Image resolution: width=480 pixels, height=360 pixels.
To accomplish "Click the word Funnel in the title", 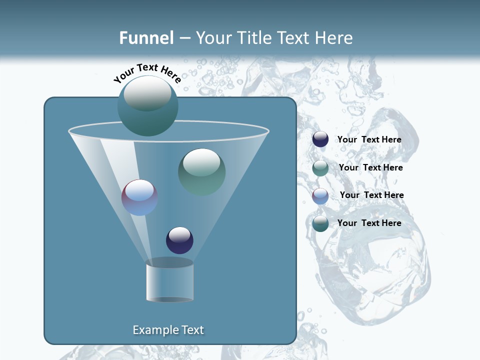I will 146,38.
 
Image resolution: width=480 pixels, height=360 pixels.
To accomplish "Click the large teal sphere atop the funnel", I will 147,106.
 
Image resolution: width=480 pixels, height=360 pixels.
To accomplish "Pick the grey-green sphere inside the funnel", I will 201,172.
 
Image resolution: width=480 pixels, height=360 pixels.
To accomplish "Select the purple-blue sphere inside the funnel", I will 139,197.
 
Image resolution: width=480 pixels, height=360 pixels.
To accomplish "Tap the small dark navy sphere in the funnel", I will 179,240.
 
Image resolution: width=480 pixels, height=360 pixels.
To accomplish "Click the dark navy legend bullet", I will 320,139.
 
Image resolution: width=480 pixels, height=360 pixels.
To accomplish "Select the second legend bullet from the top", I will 320,168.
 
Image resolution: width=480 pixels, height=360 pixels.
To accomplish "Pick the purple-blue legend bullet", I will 320,195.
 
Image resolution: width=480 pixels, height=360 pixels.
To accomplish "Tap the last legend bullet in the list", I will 320,223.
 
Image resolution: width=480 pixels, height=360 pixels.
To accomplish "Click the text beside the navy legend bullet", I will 369,139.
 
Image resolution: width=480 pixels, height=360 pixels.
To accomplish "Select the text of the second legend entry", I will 370,167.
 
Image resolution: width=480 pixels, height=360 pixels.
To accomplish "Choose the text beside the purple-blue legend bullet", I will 371,195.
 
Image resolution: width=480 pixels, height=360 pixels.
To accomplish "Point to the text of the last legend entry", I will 369,223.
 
